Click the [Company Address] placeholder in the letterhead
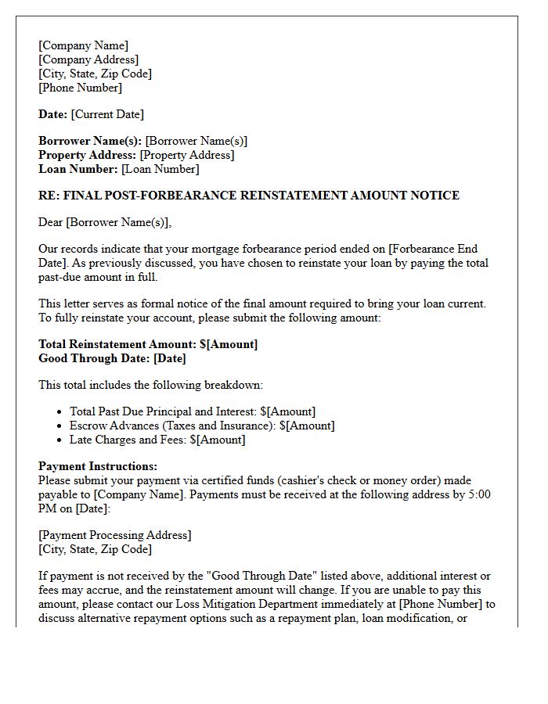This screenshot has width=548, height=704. click(88, 59)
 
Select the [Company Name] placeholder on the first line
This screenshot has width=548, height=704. click(83, 45)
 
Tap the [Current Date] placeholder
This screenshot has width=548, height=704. click(107, 114)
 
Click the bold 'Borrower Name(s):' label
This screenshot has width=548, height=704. click(90, 141)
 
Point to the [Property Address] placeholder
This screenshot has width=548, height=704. click(186, 155)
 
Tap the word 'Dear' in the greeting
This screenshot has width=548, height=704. click(51, 222)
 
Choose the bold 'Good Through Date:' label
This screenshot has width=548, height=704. click(94, 358)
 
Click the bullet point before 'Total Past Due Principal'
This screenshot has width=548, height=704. click(60, 411)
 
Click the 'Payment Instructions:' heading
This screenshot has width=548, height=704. click(98, 466)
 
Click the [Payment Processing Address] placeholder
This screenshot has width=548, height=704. click(114, 535)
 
